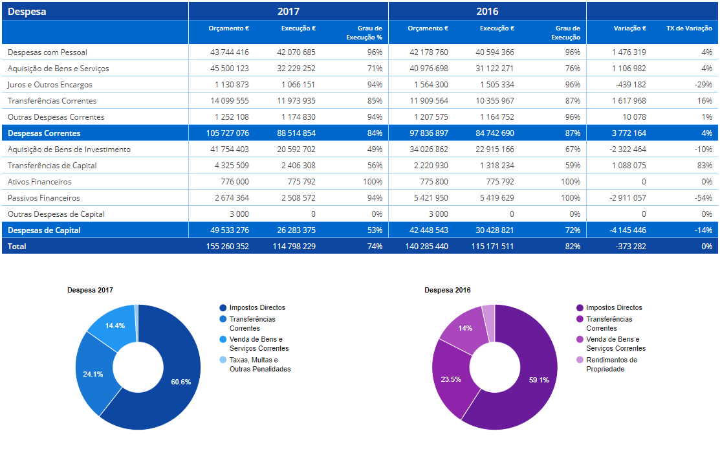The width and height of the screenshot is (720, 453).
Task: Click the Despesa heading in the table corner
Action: pyautogui.click(x=27, y=12)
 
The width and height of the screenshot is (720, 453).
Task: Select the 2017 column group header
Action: pyautogui.click(x=289, y=12)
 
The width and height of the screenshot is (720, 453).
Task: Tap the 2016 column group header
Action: pyautogui.click(x=487, y=12)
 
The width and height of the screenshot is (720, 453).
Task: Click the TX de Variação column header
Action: pyautogui.click(x=689, y=28)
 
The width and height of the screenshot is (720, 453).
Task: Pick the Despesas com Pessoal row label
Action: pyautogui.click(x=47, y=52)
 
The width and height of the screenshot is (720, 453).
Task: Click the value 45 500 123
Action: pyautogui.click(x=230, y=69)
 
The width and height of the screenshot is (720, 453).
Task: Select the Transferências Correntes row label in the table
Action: pyautogui.click(x=52, y=100)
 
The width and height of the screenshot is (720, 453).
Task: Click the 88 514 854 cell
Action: pyautogui.click(x=296, y=133)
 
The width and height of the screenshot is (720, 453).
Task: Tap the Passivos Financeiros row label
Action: pyautogui.click(x=43, y=198)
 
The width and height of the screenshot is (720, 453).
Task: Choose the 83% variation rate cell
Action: pyautogui.click(x=704, y=166)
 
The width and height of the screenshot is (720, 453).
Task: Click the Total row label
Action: pyautogui.click(x=17, y=247)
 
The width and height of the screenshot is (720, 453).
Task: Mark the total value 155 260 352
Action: pyautogui.click(x=227, y=247)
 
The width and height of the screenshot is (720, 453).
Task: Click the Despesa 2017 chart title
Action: pyautogui.click(x=90, y=290)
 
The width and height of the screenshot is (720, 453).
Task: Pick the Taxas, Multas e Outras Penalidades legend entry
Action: pyautogui.click(x=256, y=364)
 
